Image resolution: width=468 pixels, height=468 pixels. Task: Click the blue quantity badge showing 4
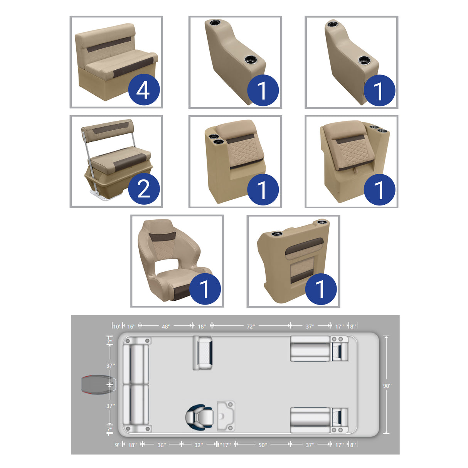[x=144, y=90]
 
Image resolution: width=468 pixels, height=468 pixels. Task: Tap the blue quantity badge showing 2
[x=144, y=189]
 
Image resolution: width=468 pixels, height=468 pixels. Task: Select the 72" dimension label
[x=251, y=327]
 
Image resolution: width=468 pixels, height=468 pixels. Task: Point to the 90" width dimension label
[x=387, y=386]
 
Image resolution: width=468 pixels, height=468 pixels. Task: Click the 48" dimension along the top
[x=166, y=327]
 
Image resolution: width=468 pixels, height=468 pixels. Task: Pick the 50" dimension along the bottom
[x=263, y=445]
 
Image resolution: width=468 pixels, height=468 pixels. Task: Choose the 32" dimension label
[x=198, y=445]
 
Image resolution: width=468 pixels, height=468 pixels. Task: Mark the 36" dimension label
[x=162, y=445]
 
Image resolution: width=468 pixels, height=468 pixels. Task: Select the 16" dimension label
[x=131, y=327]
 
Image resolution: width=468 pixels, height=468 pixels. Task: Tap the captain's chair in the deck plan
[x=199, y=417]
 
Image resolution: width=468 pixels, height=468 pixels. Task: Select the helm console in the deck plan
[x=226, y=416]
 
